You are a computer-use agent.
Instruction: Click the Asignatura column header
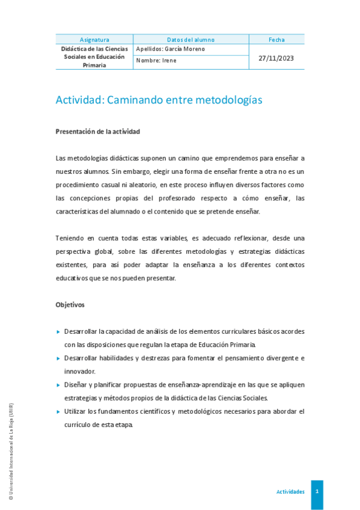pyautogui.click(x=94, y=40)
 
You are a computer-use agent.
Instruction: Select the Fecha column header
pyautogui.click(x=276, y=40)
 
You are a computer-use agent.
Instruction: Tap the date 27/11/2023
pyautogui.click(x=276, y=58)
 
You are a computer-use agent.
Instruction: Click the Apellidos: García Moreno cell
pyautogui.click(x=171, y=49)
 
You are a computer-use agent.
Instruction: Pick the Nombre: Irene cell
pyautogui.click(x=156, y=61)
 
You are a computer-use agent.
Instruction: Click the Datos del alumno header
pyautogui.click(x=191, y=40)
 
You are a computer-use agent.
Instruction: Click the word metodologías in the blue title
pyautogui.click(x=229, y=100)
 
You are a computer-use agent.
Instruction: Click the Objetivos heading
pyautogui.click(x=70, y=305)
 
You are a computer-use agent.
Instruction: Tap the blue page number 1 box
pyautogui.click(x=317, y=491)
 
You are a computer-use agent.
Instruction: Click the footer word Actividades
pyautogui.click(x=290, y=491)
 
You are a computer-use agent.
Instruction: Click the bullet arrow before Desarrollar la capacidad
pyautogui.click(x=58, y=331)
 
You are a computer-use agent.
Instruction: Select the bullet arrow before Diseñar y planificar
pyautogui.click(x=58, y=384)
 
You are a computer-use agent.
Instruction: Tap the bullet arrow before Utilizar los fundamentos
pyautogui.click(x=58, y=411)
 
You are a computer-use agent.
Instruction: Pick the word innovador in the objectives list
pyautogui.click(x=80, y=371)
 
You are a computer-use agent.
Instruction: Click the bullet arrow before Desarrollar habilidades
pyautogui.click(x=58, y=358)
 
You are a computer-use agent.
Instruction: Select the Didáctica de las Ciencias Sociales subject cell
pyautogui.click(x=94, y=57)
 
